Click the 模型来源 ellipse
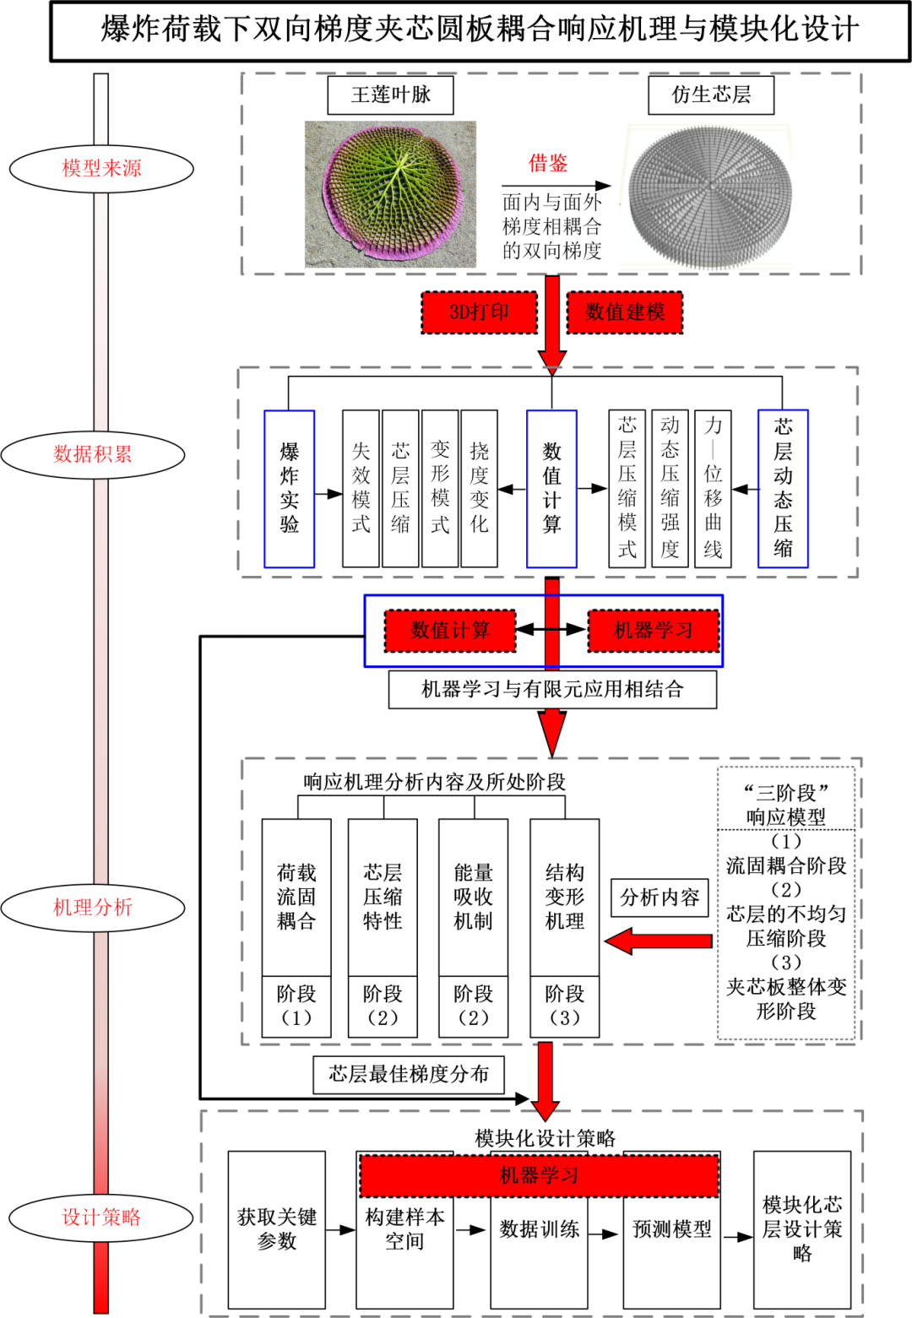[101, 169]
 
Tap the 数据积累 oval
[93, 454]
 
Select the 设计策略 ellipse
[101, 1218]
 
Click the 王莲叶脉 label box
[390, 95]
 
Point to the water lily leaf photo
[390, 194]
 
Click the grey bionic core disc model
[711, 196]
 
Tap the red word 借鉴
[548, 164]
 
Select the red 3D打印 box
[479, 312]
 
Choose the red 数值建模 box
[625, 312]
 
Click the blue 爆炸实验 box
[290, 489]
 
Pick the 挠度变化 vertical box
[480, 489]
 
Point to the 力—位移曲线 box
[714, 489]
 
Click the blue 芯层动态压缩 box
[783, 489]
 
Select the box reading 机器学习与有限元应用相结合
[552, 690]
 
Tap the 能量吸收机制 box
[473, 897]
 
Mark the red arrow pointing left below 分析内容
[659, 941]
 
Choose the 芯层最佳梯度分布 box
[409, 1075]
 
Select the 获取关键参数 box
[277, 1229]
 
